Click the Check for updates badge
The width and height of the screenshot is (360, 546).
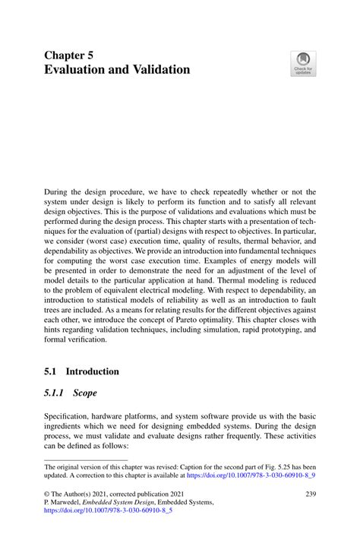coord(303,63)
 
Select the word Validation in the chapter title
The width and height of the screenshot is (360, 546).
coord(156,70)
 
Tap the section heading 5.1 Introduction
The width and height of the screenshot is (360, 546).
coord(81,372)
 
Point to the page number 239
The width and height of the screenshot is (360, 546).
coord(310,493)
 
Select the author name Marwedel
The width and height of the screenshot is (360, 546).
coord(68,503)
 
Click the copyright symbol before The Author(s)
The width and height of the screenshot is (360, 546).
coord(47,494)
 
